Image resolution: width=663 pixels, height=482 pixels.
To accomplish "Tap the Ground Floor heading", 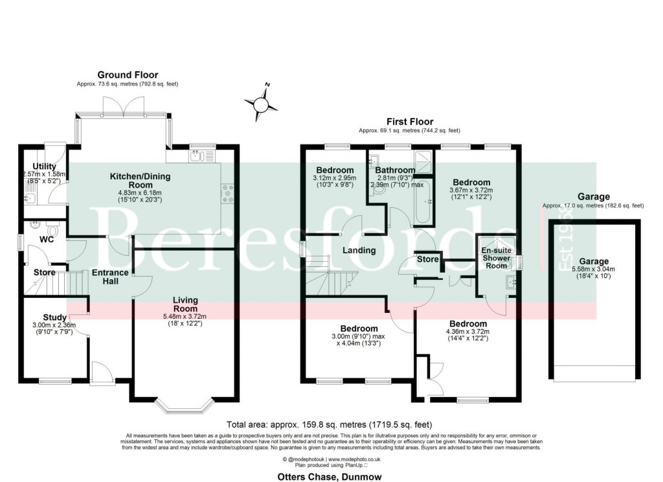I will (128, 75).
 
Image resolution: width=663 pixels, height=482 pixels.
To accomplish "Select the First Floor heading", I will (410, 121).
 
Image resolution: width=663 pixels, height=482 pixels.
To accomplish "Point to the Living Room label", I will (185, 304).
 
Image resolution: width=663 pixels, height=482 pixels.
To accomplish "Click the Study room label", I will (55, 317).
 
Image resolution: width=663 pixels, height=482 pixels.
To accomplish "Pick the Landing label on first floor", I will (359, 250).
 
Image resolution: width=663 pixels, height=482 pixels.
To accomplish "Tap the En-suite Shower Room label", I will (497, 257).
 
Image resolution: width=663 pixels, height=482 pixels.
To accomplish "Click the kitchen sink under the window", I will (199, 155).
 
